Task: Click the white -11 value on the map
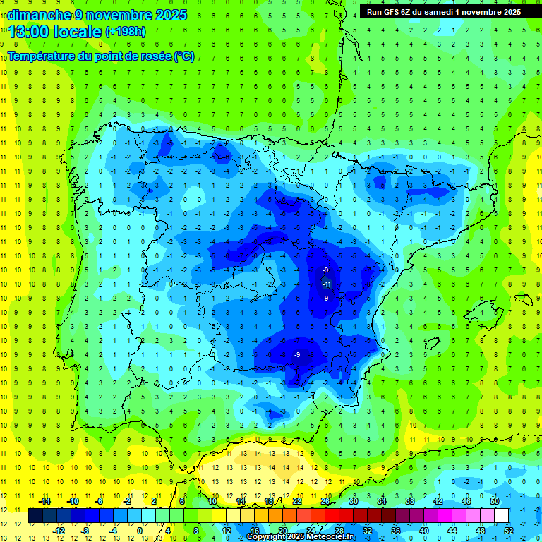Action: click(327, 284)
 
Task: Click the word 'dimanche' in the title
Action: click(39, 15)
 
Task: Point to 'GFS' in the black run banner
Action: click(398, 11)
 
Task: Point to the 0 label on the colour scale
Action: click(139, 531)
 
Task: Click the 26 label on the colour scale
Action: click(325, 500)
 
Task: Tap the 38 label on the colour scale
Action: click(409, 500)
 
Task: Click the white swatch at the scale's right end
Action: click(501, 515)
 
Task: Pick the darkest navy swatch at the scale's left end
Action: click(35, 515)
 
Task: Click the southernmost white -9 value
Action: click(298, 354)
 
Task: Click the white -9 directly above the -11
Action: click(325, 270)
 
